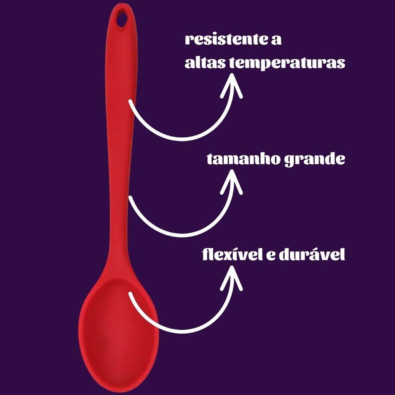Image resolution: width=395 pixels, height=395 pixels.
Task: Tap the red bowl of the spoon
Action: click(x=118, y=328)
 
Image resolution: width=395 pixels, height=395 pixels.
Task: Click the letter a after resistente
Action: click(x=276, y=41)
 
